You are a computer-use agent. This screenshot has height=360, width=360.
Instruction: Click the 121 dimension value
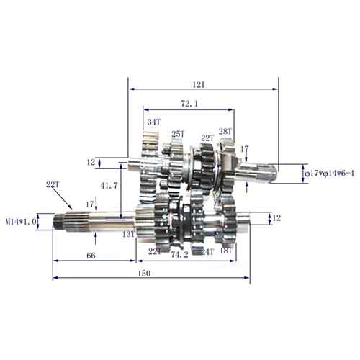pos(199,85)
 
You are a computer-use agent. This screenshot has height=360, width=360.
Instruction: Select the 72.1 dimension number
pos(189,104)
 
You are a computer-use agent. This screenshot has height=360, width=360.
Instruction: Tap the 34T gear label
pos(153,122)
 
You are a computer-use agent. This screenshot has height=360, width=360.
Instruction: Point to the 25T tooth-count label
pos(178,134)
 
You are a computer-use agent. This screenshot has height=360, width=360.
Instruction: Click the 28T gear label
pos(225,132)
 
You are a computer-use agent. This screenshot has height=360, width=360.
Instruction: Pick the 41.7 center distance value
pos(109,186)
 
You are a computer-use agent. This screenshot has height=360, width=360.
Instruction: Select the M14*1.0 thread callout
pos(21,221)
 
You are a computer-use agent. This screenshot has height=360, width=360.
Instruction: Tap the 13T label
pos(128,234)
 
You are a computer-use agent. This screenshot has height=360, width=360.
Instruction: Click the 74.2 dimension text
pos(180,255)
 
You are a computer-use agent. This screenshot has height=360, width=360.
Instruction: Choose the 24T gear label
pos(207,252)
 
